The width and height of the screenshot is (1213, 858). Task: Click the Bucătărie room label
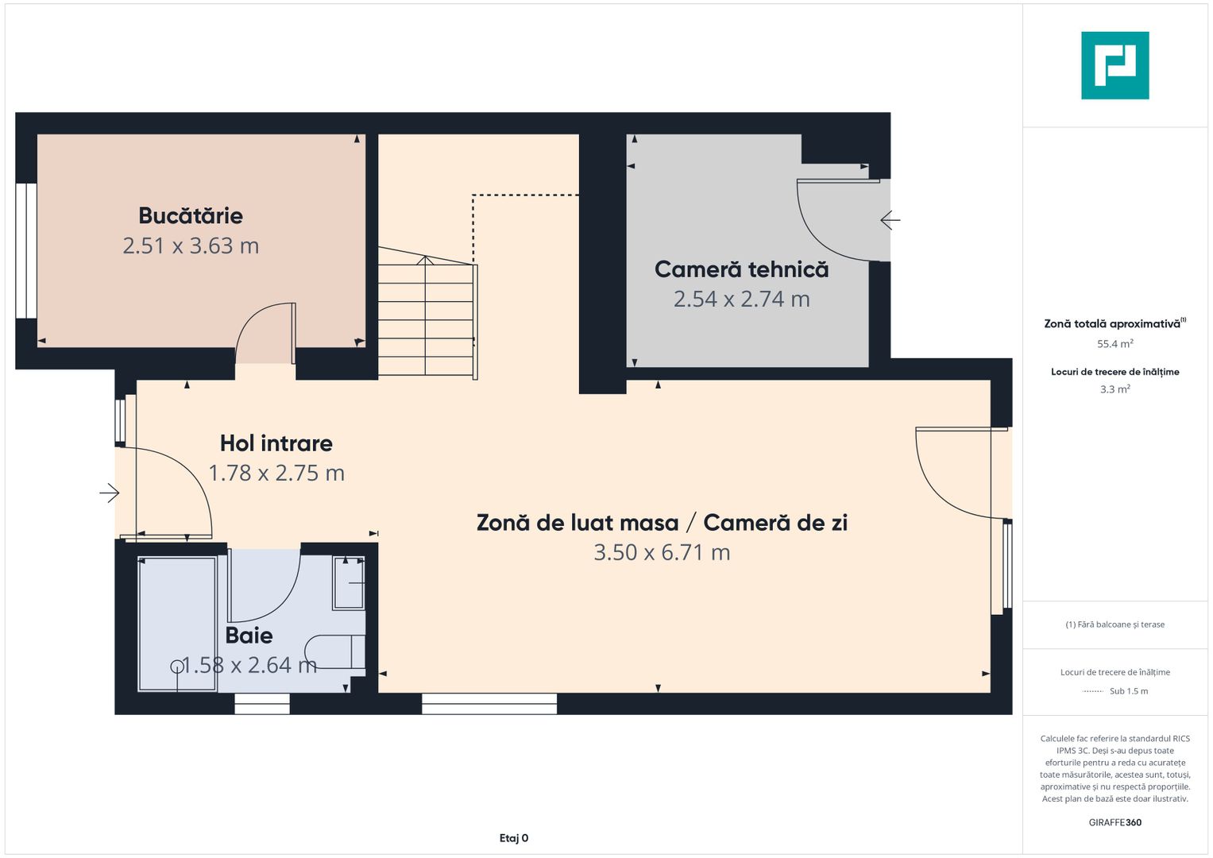[191, 216]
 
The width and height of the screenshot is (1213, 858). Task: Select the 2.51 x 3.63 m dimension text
[191, 246]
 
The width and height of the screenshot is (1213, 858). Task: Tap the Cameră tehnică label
[741, 270]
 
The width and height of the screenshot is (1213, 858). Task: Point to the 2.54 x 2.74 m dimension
[741, 300]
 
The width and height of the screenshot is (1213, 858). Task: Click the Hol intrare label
[276, 443]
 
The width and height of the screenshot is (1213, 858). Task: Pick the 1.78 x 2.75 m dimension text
[276, 473]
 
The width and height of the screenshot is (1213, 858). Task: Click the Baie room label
[249, 636]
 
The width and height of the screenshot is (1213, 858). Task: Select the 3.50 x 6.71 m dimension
[662, 553]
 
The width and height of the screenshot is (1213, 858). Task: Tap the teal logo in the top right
[1114, 65]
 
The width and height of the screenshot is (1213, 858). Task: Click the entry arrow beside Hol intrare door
[109, 493]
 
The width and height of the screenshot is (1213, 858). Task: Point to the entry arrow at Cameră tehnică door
[890, 220]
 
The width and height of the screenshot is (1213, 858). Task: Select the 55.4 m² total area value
[1114, 344]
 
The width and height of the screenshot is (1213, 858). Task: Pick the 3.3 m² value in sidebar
[1114, 389]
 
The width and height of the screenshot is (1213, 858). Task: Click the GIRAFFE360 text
[1114, 822]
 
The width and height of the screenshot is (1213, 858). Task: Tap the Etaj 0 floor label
[514, 838]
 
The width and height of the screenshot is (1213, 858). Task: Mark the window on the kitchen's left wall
[26, 251]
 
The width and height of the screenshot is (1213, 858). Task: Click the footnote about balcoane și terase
[1114, 624]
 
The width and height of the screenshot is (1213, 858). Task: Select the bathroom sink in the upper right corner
[349, 584]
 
